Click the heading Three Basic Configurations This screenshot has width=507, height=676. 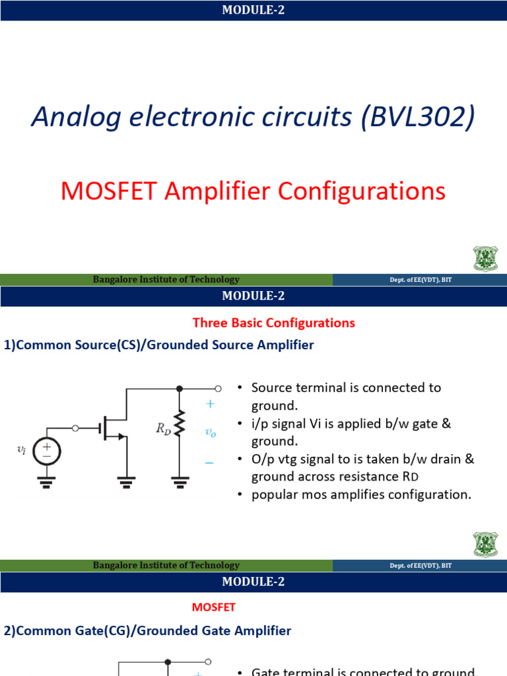point(273,323)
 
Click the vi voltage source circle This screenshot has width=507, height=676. point(47,450)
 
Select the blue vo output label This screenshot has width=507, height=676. point(211,432)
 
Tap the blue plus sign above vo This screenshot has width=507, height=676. point(210,404)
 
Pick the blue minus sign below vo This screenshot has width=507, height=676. point(209,463)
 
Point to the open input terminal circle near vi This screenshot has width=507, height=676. point(75,428)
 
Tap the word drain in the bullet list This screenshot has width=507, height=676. point(443,459)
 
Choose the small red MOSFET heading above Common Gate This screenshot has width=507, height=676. point(213,607)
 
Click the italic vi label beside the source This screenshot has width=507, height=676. point(21,450)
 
